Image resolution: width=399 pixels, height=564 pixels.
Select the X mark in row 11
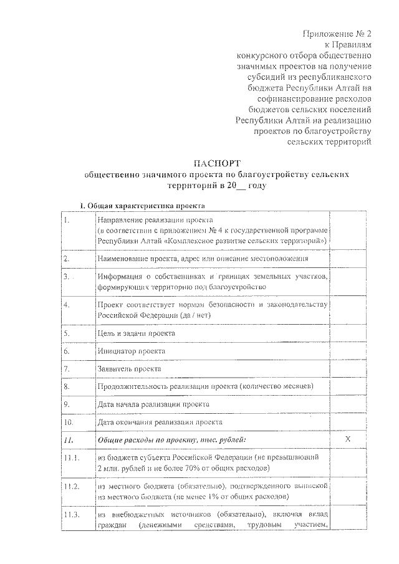pyautogui.click(x=349, y=440)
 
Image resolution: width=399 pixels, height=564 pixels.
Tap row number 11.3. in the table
pyautogui.click(x=73, y=514)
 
